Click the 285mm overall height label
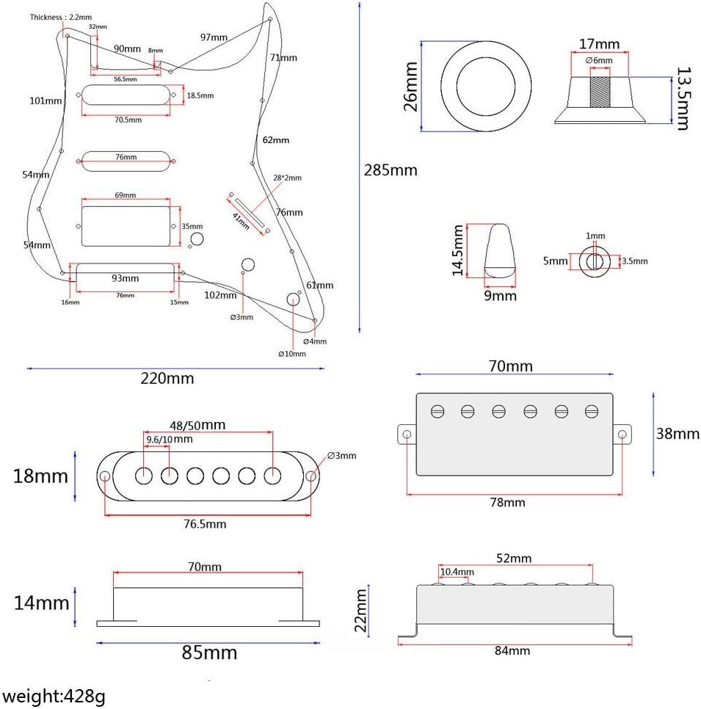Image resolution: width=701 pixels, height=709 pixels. tap(390, 170)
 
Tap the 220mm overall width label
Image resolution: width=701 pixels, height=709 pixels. tap(167, 379)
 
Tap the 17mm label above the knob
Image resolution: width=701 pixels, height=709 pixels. tap(598, 45)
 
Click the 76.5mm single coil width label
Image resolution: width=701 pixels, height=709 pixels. tap(205, 524)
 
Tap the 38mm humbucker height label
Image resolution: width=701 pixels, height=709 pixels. tap(677, 434)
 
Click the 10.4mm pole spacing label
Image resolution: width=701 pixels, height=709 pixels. tap(457, 572)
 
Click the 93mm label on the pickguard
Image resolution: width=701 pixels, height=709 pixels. tap(126, 278)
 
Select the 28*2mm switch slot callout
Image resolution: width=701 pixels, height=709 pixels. tap(287, 178)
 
